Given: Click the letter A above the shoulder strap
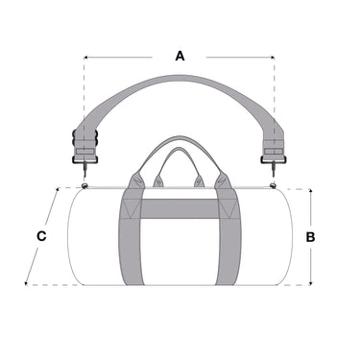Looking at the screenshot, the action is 180,56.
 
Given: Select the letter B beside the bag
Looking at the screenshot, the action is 310,237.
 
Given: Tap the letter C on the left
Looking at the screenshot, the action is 41,236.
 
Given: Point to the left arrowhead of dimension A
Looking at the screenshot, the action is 85,58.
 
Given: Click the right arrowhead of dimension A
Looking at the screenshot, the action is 273,58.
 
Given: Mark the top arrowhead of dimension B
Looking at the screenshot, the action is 310,191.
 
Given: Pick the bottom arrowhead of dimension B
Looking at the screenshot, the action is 310,283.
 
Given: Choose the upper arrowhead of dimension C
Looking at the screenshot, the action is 58,190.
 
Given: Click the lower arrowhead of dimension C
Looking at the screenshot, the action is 26,282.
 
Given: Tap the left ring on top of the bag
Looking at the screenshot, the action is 84,186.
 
